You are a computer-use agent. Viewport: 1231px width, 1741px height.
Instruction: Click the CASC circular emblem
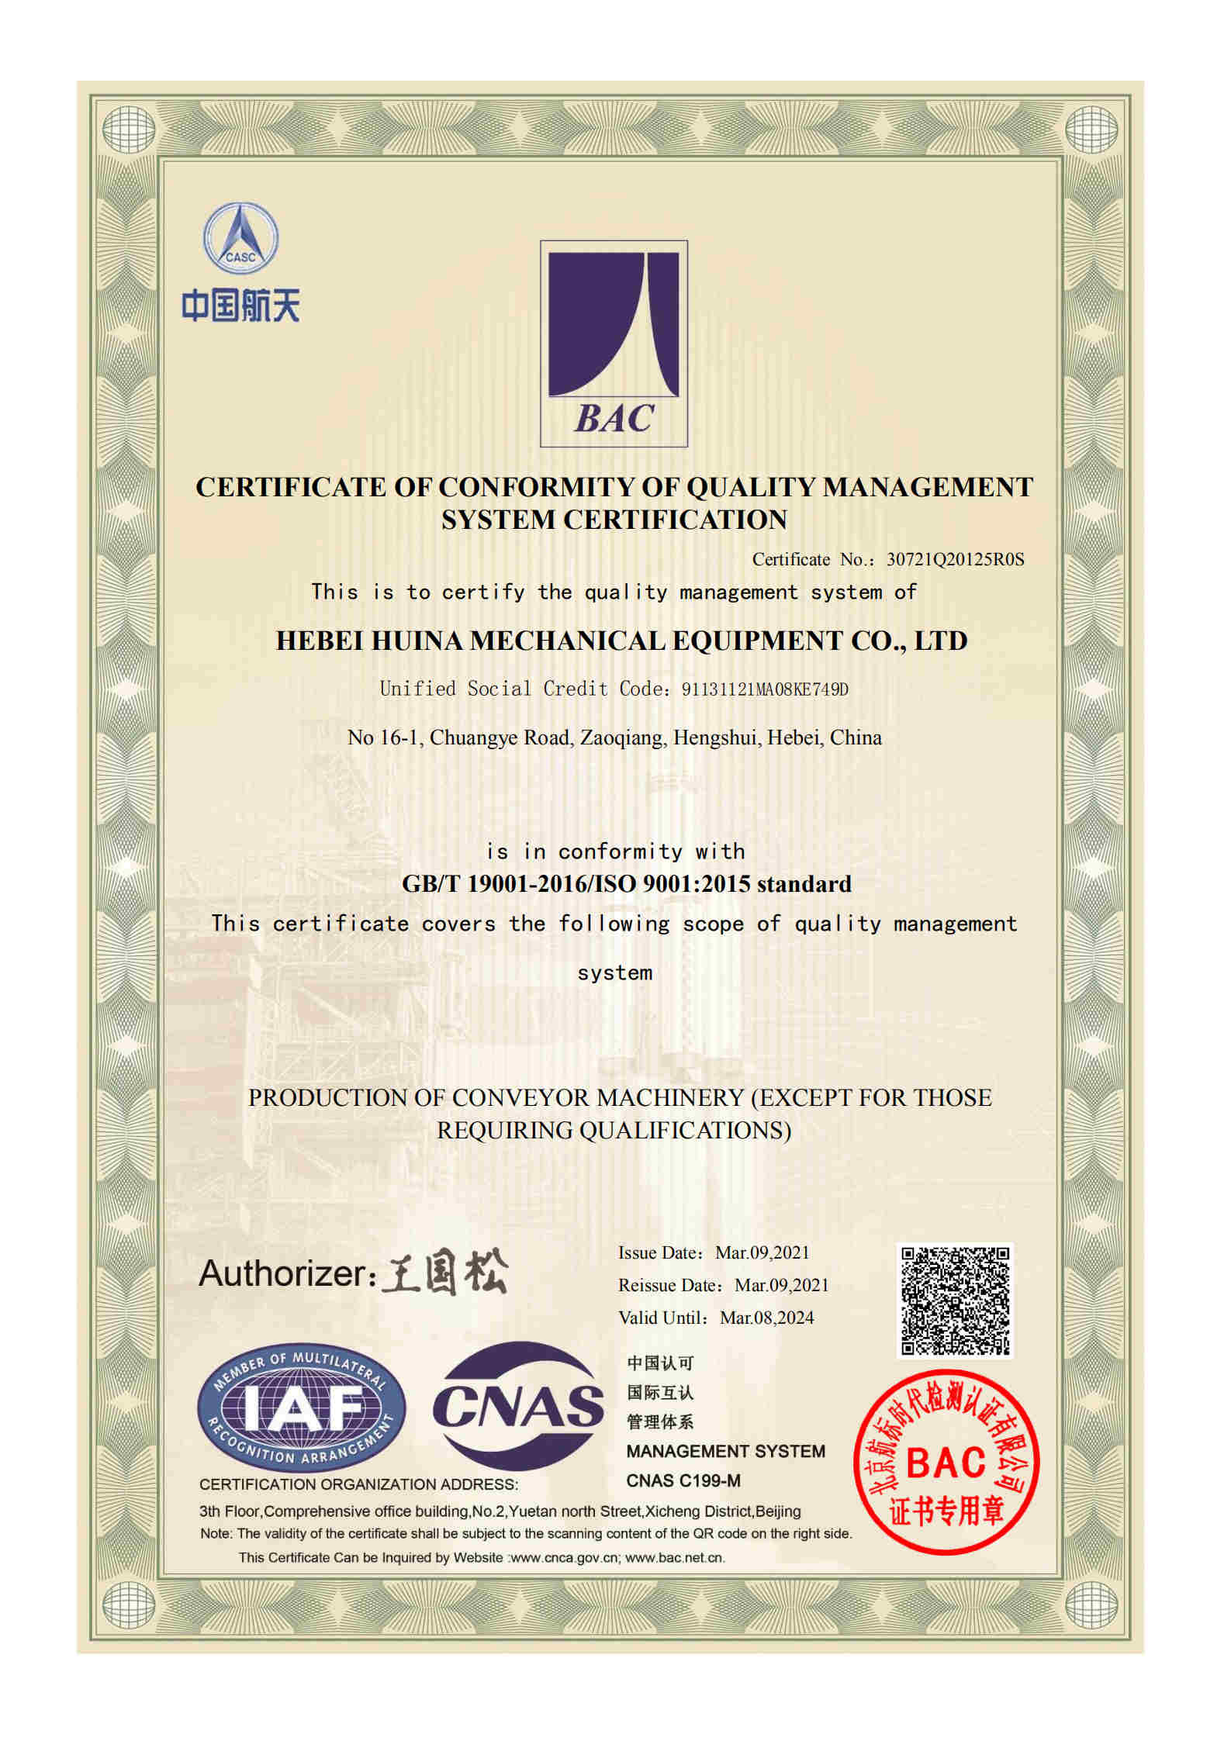240,238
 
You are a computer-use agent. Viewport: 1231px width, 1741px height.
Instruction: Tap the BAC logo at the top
614,344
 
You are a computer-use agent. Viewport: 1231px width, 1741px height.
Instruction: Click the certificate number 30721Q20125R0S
955,559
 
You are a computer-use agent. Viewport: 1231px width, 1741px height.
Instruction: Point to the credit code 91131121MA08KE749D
765,689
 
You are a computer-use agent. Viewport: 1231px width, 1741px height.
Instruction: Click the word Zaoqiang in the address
623,738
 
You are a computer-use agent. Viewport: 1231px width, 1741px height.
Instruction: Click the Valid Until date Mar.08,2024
766,1318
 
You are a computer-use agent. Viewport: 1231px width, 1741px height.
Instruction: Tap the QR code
955,1301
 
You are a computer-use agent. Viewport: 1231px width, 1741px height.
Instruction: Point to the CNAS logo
518,1406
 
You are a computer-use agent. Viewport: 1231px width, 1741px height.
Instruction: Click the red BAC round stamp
946,1463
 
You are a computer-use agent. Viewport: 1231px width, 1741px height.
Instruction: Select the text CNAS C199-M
683,1480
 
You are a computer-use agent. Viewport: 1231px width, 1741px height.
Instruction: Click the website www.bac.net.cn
674,1557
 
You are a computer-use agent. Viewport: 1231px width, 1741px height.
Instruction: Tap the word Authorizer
282,1274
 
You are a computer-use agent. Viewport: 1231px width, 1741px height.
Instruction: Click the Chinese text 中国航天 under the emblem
240,306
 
